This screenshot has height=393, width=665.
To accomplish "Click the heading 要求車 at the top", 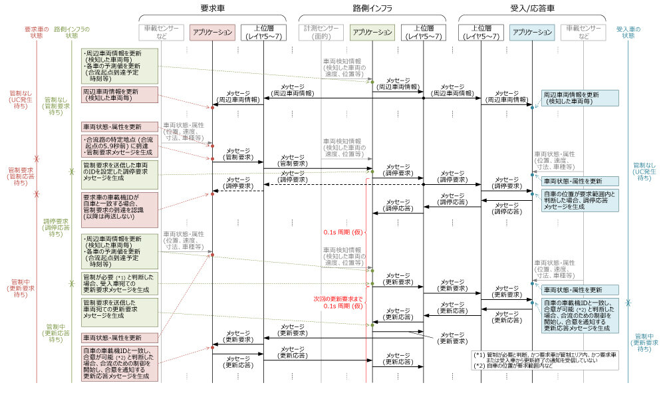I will pos(212,8).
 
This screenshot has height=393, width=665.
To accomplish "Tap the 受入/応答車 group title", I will pos(532,8).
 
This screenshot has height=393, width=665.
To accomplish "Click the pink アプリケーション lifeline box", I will pos(212,32).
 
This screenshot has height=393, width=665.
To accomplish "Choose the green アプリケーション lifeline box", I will pos(372,32).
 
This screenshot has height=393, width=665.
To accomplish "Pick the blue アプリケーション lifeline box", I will pos(532,32).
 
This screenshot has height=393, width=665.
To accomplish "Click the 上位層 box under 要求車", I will pos(263,32).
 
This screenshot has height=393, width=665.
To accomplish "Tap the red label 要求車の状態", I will pos(37,32).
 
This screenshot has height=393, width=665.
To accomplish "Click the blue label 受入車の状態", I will pos(628,32).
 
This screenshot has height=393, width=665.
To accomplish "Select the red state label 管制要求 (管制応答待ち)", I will pos(22,176).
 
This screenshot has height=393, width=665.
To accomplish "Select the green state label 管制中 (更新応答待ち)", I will pos(57,332).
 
